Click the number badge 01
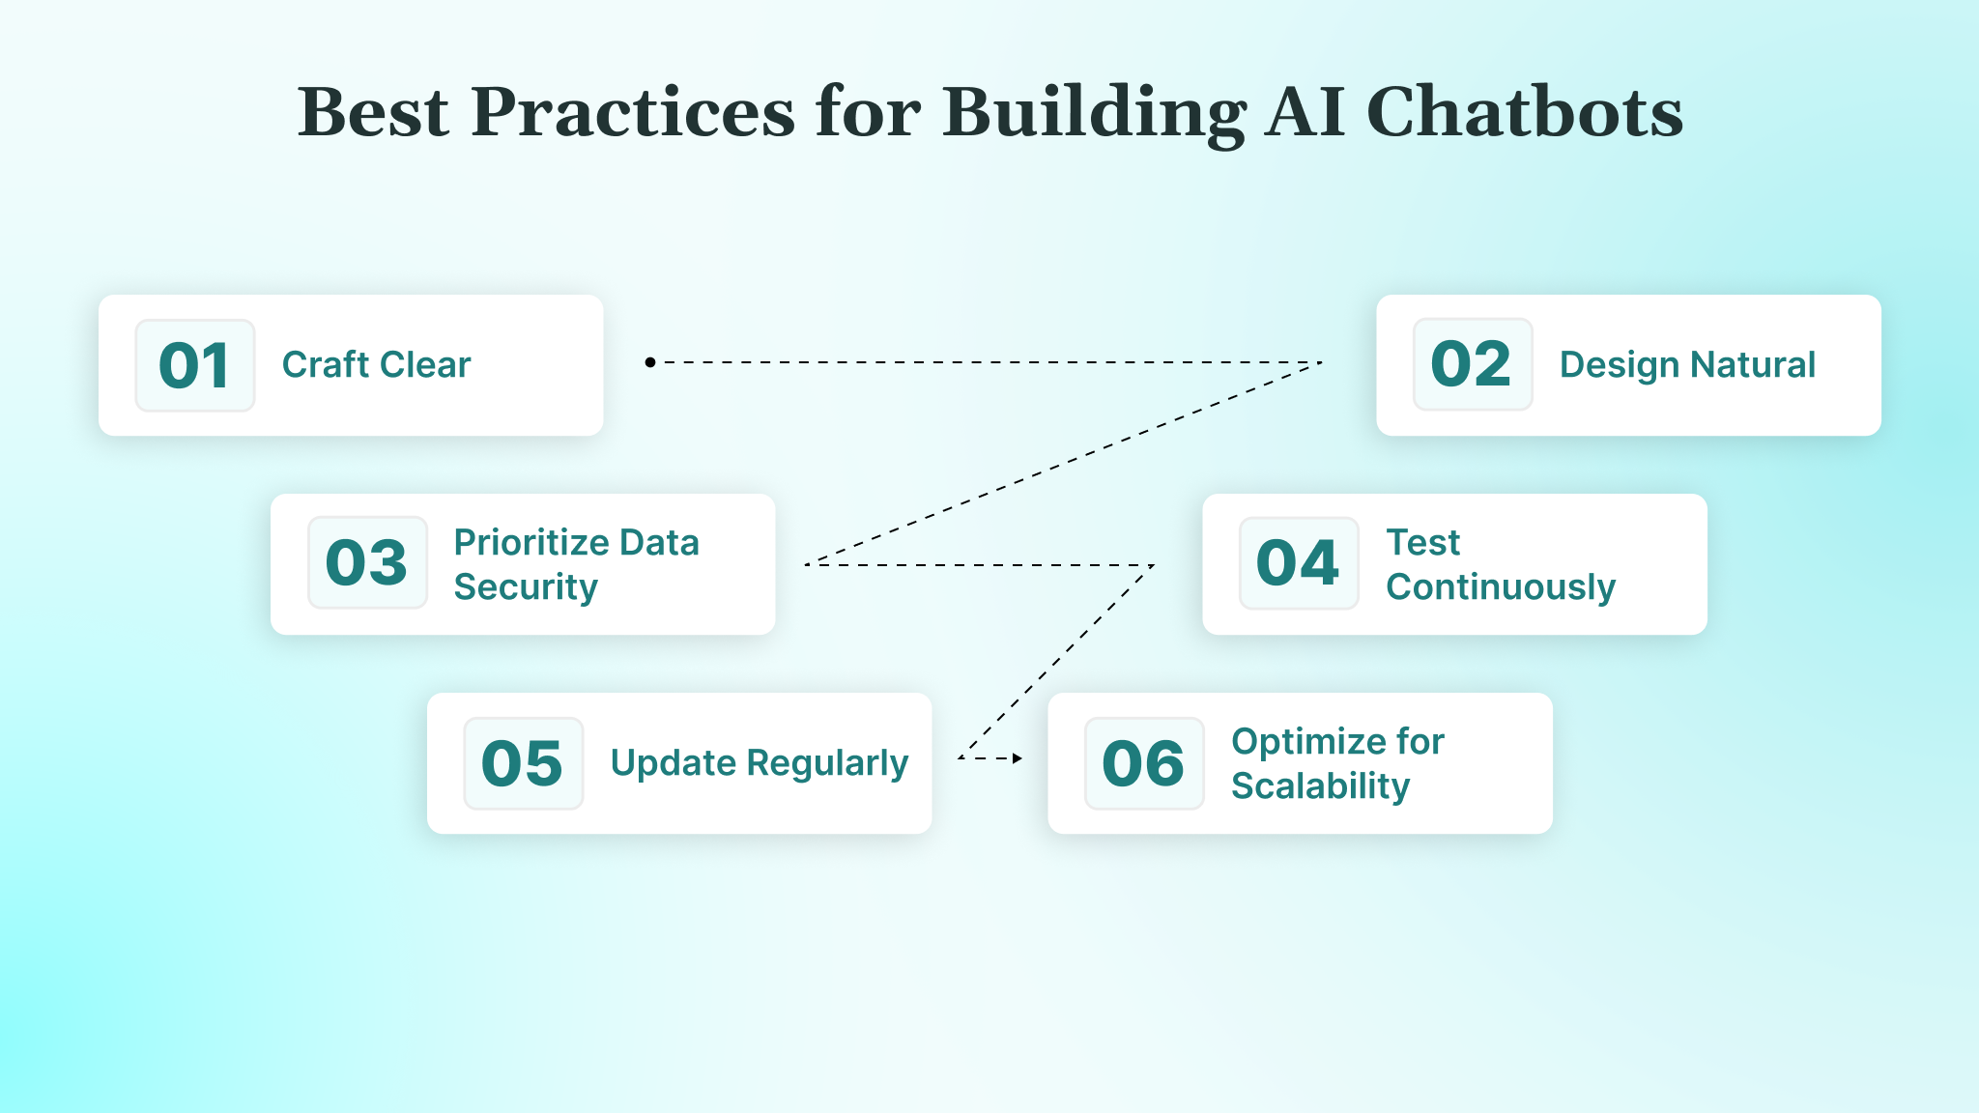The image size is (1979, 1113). tap(194, 365)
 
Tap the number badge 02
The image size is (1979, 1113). tap(1472, 364)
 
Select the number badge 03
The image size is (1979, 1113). tap(367, 562)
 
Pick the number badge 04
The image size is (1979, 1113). tap(1298, 562)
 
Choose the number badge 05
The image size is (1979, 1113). tap(523, 762)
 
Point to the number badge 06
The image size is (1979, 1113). tap(1143, 762)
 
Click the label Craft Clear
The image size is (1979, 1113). tap(376, 365)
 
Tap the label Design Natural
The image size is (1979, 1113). tap(1687, 365)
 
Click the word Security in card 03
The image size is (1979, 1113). tap(526, 587)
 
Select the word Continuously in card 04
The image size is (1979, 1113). tap(1500, 587)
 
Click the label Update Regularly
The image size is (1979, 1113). tap(759, 763)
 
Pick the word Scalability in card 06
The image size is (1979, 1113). tap(1320, 786)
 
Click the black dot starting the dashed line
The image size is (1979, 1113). tap(650, 362)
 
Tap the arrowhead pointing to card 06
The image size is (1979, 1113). tap(1017, 758)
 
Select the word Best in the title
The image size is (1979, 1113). tap(373, 112)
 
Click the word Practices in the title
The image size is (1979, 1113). tap(633, 112)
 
